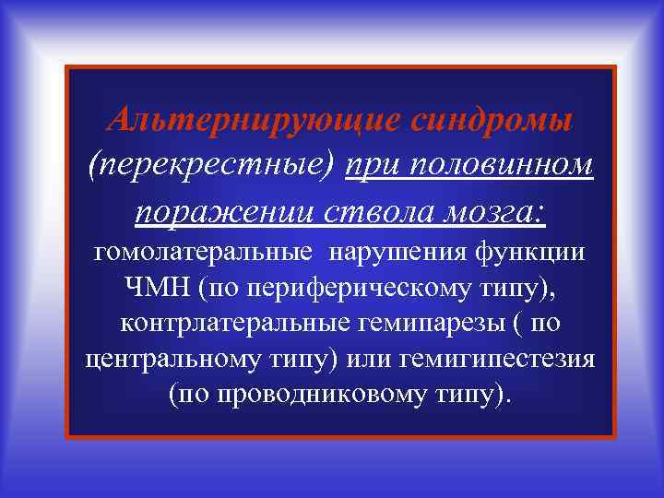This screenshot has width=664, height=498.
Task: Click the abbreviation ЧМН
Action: pos(157,289)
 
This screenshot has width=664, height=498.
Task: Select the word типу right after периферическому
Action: pos(514,289)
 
